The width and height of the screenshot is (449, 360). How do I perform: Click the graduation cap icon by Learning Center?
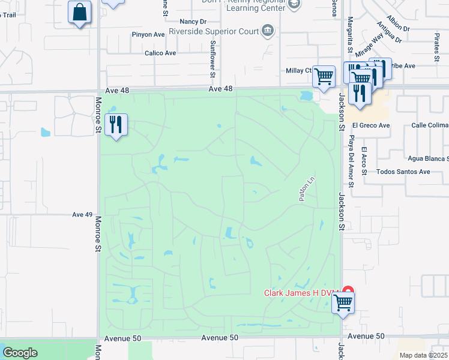(294, 4)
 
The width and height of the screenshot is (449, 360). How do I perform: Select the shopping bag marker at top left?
(79, 13)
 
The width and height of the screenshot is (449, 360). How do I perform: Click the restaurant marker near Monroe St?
(116, 125)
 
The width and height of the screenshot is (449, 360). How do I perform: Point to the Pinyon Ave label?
(149, 35)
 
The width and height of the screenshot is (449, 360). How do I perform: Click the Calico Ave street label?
(160, 53)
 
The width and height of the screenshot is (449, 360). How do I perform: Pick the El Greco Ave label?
(371, 125)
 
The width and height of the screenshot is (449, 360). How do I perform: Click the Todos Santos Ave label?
(403, 172)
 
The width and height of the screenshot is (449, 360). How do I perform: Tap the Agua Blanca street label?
(428, 158)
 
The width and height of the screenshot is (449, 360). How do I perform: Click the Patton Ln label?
(306, 188)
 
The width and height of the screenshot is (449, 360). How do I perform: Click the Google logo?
(20, 353)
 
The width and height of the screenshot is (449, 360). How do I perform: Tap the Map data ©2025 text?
(423, 355)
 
